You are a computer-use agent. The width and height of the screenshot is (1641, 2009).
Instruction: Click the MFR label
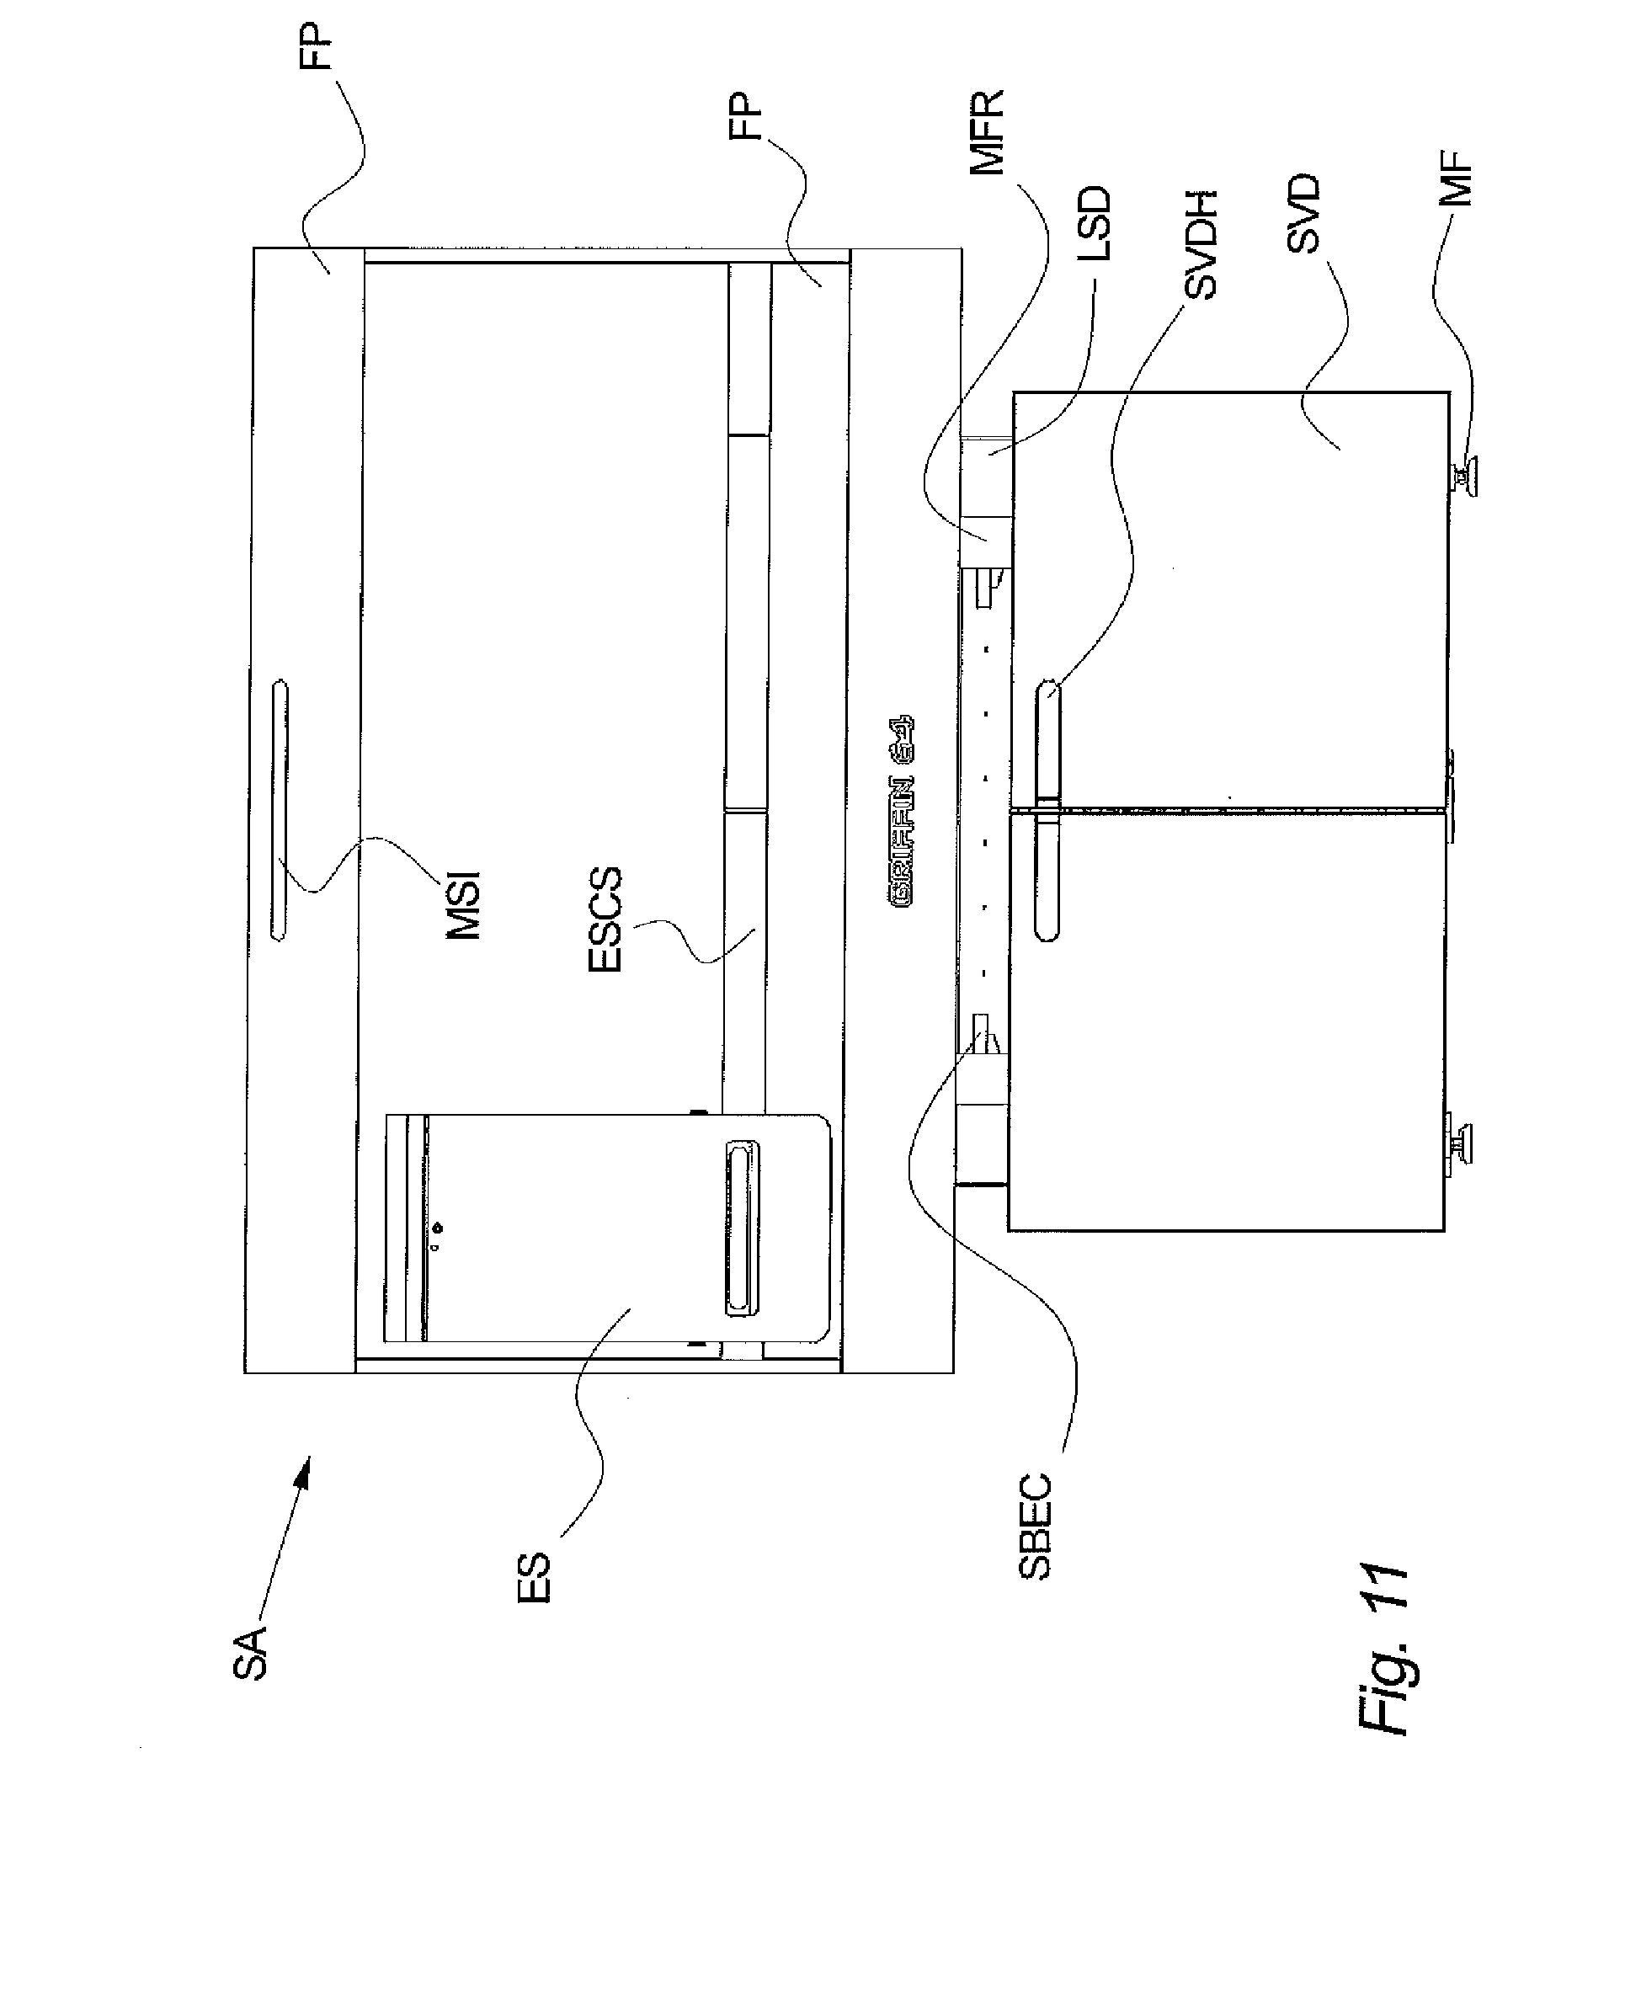point(988,133)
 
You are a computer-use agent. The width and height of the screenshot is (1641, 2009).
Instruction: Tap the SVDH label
point(1201,245)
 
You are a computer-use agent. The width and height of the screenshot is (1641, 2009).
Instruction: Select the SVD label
point(1303,214)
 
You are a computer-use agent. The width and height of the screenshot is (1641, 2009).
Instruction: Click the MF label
point(1459,179)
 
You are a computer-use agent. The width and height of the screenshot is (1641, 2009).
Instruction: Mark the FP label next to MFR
point(747,116)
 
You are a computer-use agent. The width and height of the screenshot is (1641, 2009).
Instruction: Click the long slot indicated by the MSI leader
point(280,810)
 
